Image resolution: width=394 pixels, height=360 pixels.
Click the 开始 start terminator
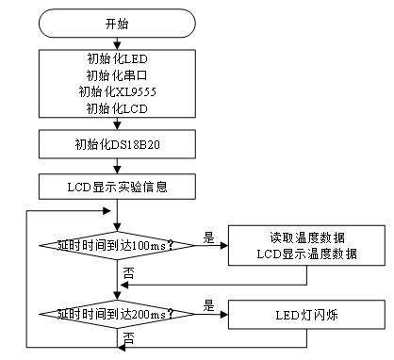pos(118,23)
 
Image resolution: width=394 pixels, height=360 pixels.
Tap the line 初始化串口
pos(118,75)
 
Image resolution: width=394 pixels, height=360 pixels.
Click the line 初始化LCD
pos(118,107)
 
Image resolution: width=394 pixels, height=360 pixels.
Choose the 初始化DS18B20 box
pos(118,144)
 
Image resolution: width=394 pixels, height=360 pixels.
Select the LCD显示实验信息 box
pos(118,187)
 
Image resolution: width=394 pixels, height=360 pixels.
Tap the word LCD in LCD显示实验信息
pos(78,187)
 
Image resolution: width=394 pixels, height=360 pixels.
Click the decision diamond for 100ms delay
pos(118,245)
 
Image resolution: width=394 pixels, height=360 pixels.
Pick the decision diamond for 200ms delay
pos(118,314)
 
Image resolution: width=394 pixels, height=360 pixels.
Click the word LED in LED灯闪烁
pos(284,314)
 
